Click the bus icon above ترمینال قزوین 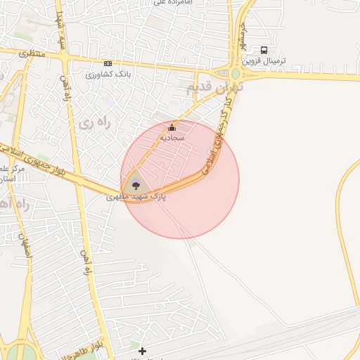pyautogui.click(x=264, y=50)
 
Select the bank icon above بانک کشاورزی pyautogui.click(x=107, y=63)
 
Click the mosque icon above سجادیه pyautogui.click(x=172, y=127)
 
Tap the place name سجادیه pyautogui.click(x=172, y=138)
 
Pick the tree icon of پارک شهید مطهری pyautogui.click(x=136, y=186)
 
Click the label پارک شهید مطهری pyautogui.click(x=136, y=197)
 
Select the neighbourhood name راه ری pyautogui.click(x=95, y=123)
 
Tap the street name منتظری pyautogui.click(x=32, y=53)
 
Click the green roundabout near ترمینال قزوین pyautogui.click(x=236, y=73)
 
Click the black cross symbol pyautogui.click(x=143, y=350)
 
